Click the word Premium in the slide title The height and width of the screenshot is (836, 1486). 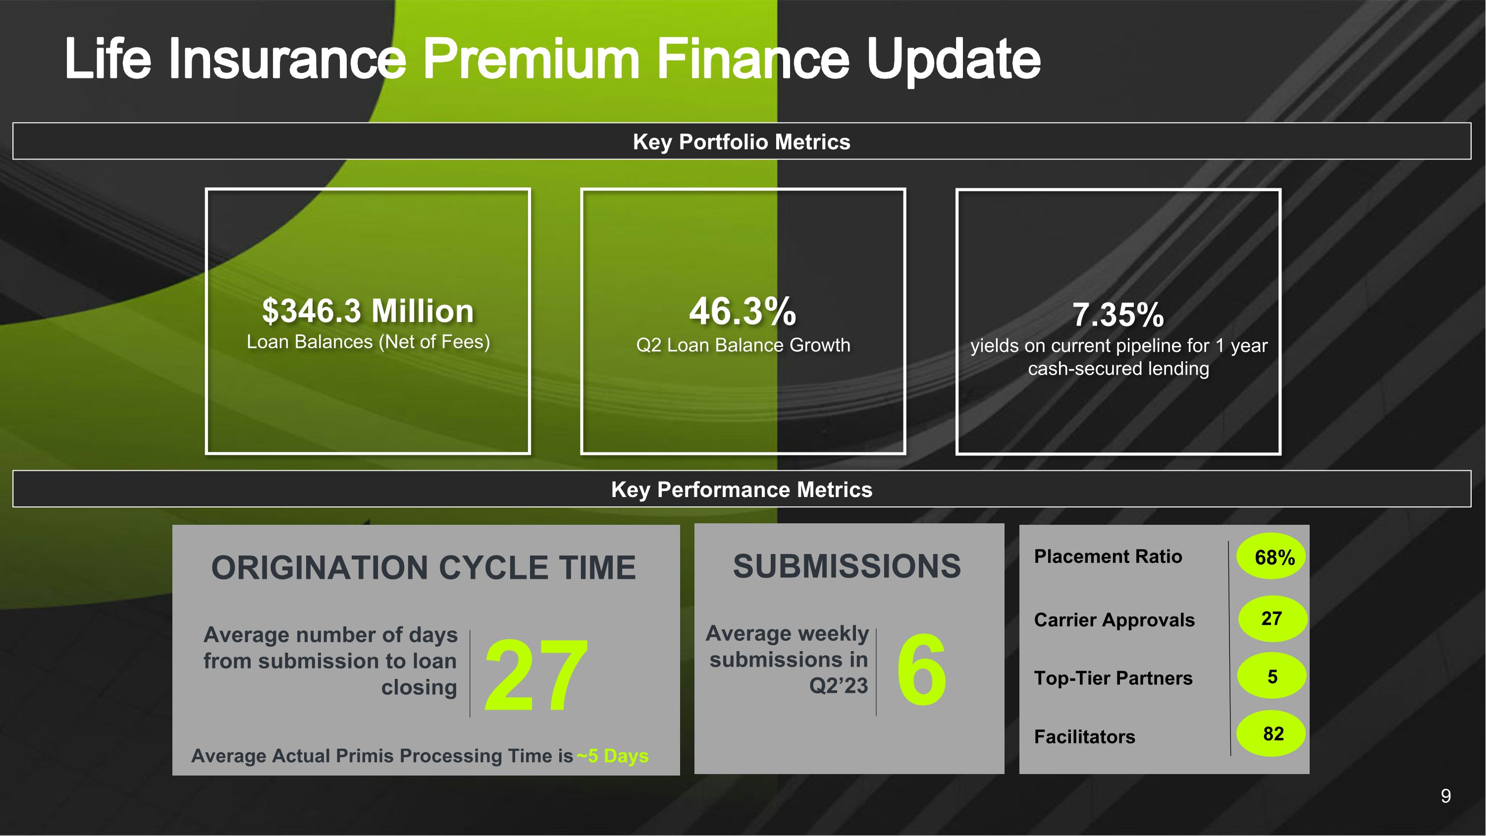pos(531,59)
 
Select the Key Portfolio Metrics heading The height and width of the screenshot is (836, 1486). pos(742,142)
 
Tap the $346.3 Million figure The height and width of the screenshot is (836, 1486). pos(368,311)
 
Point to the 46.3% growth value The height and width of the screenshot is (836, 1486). pos(743,311)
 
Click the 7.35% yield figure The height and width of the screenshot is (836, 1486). pos(1118,315)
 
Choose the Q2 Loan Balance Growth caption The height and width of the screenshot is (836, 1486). pos(743,345)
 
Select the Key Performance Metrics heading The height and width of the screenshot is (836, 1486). pos(742,490)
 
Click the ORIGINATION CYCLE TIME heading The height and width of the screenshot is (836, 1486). pos(424,568)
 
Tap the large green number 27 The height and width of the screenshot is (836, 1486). pos(536,674)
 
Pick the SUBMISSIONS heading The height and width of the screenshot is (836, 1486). pos(847,566)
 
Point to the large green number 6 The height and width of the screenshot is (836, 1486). pos(921,669)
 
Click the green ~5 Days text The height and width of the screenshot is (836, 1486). pos(612,756)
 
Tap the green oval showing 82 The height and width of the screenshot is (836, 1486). pos(1271,734)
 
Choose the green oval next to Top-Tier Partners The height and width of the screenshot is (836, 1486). pos(1272,676)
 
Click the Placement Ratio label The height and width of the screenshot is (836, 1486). pos(1108,556)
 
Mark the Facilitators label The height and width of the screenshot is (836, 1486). pos(1084,737)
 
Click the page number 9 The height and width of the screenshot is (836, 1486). pos(1445,796)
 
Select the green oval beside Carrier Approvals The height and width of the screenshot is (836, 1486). pos(1272,618)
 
